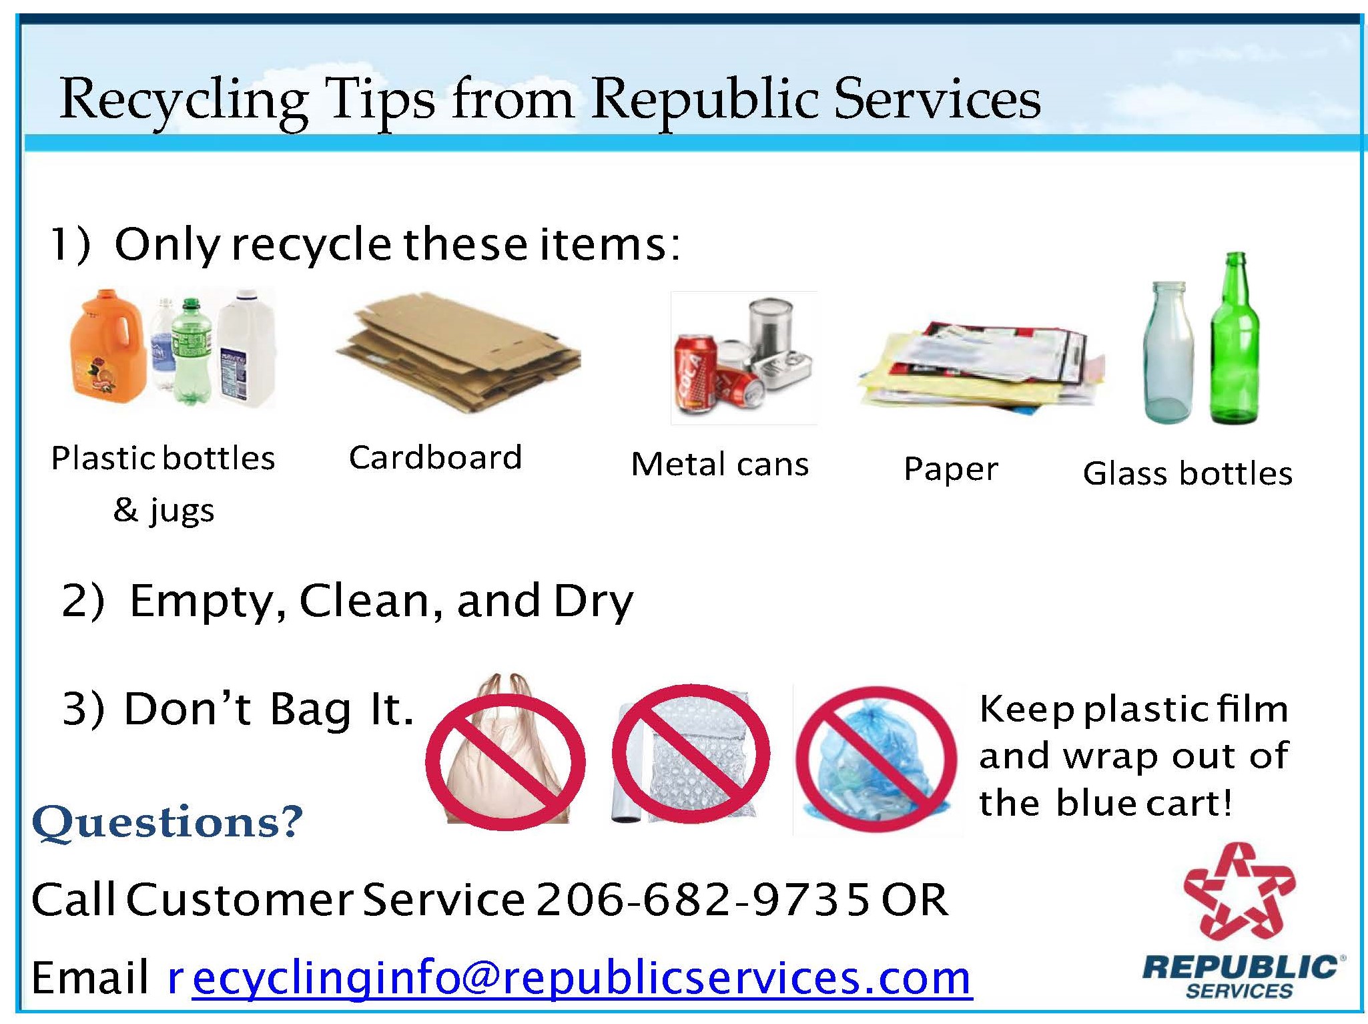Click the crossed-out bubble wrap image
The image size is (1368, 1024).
691,754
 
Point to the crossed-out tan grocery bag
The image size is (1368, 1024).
505,754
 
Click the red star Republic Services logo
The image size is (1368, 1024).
1239,891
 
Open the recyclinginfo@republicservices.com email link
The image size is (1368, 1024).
569,978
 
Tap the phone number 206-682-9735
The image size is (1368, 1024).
703,899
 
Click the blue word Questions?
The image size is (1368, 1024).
167,822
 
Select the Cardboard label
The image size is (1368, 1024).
435,457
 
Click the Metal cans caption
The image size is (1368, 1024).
720,464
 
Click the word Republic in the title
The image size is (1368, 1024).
705,99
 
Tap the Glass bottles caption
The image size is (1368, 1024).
1188,473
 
